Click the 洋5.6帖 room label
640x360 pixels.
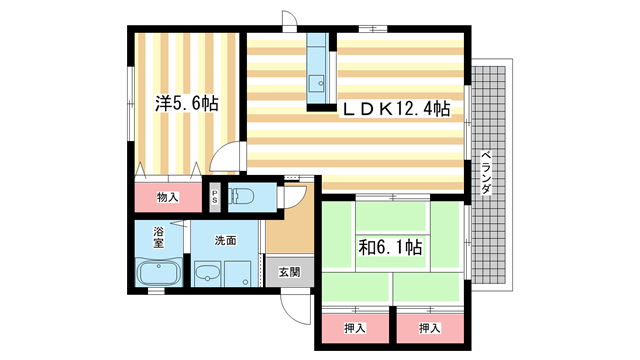(x=186, y=103)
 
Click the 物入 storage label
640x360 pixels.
(x=167, y=197)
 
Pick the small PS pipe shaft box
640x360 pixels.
(x=215, y=197)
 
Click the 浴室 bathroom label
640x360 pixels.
(x=158, y=237)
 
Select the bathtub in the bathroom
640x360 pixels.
(x=157, y=273)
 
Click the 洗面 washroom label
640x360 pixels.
(x=225, y=240)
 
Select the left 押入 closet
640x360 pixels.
(x=355, y=327)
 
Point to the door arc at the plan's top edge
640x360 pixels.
(x=290, y=22)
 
